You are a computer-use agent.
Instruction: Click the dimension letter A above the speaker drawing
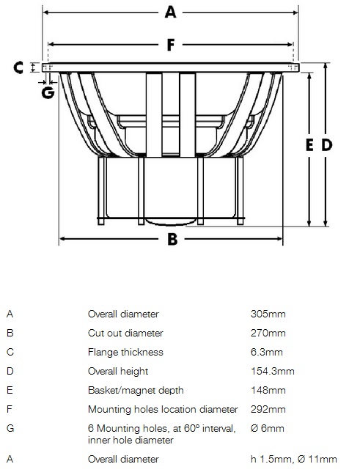click(x=171, y=12)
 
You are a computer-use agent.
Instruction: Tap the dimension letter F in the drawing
click(x=171, y=45)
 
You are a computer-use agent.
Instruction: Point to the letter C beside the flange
click(x=18, y=67)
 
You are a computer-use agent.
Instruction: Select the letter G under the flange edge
click(x=48, y=92)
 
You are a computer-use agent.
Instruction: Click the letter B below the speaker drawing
click(x=172, y=239)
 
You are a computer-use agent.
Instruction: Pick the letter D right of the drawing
click(x=327, y=145)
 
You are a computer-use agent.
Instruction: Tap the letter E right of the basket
click(x=309, y=145)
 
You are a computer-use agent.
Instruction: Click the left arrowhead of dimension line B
click(x=62, y=239)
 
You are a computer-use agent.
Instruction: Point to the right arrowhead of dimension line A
click(x=295, y=12)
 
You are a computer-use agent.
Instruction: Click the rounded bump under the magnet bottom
click(x=169, y=223)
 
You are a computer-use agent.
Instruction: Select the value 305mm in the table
click(x=268, y=314)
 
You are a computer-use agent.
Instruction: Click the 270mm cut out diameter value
click(x=268, y=333)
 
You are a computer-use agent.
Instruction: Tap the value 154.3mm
click(x=273, y=371)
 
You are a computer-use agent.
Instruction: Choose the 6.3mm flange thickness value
click(x=267, y=352)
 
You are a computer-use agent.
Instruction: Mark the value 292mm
click(x=268, y=409)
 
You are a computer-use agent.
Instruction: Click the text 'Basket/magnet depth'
click(x=136, y=390)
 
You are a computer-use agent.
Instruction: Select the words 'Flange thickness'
click(x=125, y=352)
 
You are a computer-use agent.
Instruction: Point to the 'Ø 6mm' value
click(x=268, y=428)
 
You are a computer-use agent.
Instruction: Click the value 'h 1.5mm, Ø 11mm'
click(x=293, y=459)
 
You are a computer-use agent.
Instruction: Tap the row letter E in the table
click(x=10, y=390)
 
